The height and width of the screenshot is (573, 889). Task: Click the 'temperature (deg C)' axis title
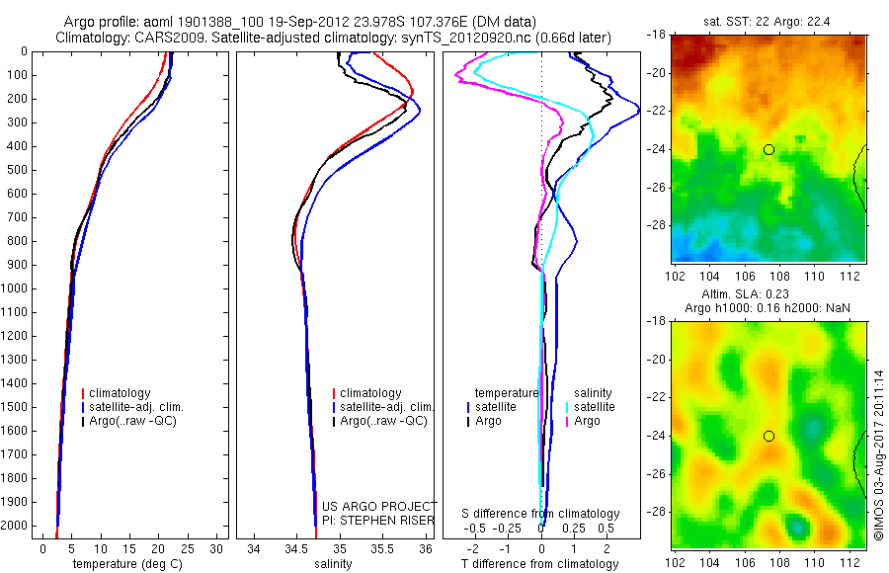point(129,564)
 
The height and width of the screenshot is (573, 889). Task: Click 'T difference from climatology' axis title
point(542,564)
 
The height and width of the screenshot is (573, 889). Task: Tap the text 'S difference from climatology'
point(541,514)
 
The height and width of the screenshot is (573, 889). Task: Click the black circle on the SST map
point(768,149)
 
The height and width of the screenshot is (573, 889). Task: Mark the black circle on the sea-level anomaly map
point(768,436)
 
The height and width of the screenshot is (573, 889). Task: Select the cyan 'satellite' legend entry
point(595,407)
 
